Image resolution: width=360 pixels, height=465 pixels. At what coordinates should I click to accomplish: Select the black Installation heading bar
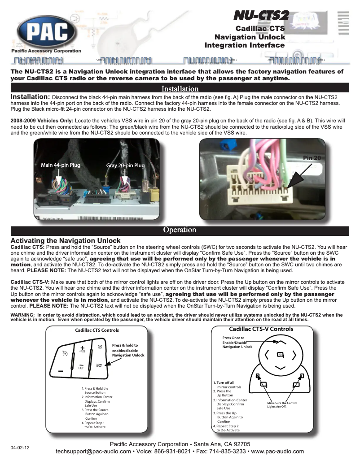[180, 89]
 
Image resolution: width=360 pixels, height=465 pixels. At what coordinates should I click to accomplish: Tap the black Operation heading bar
[180, 230]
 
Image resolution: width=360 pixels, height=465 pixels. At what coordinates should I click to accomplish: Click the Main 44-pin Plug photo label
[61, 165]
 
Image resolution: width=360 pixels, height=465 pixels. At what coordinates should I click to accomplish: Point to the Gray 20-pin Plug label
[125, 165]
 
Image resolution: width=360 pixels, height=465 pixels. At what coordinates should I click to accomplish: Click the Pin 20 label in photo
[312, 158]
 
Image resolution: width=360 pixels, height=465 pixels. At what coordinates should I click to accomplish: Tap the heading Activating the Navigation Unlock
[66, 241]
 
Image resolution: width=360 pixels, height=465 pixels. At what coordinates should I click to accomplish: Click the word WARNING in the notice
[22, 315]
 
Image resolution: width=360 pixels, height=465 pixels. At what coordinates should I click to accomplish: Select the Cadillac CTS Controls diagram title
[97, 330]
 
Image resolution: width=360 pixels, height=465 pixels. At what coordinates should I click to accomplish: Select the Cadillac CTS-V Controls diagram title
[261, 329]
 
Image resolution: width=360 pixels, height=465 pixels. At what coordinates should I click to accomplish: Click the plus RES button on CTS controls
[83, 349]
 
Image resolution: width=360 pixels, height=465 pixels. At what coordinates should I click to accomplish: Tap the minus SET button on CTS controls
[81, 365]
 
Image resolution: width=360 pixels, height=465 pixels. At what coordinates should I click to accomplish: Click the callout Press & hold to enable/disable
[128, 350]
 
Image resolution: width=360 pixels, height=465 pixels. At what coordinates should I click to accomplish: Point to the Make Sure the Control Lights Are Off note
[282, 404]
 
